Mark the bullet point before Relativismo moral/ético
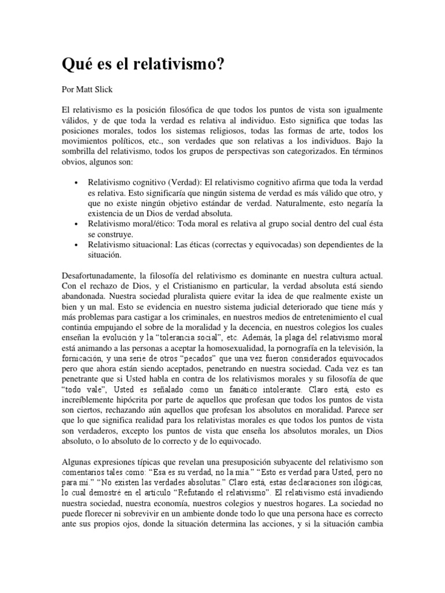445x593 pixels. tap(77, 224)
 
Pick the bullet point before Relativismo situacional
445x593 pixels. tap(77, 246)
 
